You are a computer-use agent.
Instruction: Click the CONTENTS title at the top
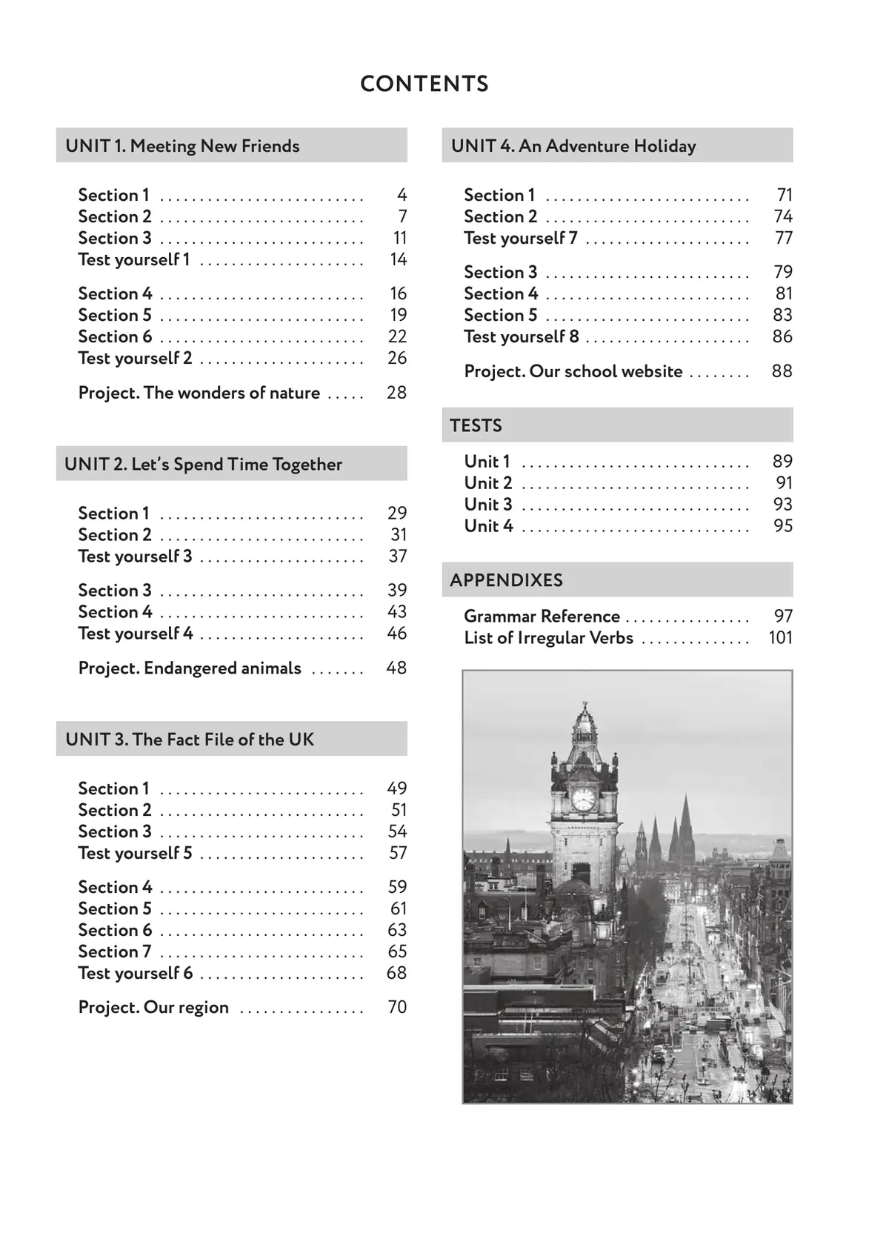click(x=424, y=84)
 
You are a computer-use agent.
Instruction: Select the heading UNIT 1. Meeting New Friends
click(x=182, y=146)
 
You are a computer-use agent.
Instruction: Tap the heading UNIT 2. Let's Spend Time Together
click(x=203, y=465)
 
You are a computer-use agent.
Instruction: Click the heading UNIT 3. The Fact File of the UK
click(x=190, y=740)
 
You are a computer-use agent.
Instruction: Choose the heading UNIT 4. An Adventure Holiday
click(x=573, y=146)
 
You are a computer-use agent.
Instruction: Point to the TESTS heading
click(x=476, y=425)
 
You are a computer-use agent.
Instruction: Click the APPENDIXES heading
click(x=506, y=580)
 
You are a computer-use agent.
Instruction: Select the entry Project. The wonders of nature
click(x=199, y=393)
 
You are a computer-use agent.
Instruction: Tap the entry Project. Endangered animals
click(x=190, y=668)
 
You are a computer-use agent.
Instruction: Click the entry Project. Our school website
click(x=573, y=371)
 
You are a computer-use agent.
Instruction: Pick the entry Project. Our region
click(x=153, y=1007)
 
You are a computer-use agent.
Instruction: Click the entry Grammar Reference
click(x=542, y=617)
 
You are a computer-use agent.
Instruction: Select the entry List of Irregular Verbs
click(x=548, y=638)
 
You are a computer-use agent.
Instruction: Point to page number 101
click(x=780, y=638)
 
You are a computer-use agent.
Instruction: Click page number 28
click(x=396, y=393)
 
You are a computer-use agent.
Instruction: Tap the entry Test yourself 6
click(x=135, y=973)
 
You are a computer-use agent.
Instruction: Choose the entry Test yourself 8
click(x=521, y=336)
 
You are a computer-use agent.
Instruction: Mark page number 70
click(x=397, y=1007)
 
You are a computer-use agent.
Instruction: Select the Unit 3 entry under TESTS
click(x=488, y=505)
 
